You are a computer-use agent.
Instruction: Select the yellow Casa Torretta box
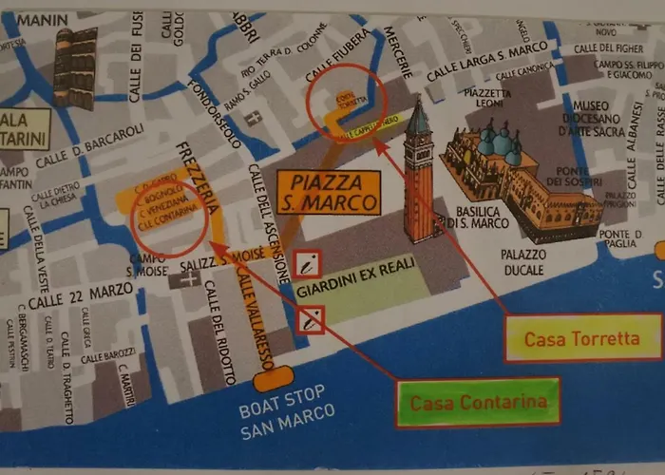click(x=582, y=339)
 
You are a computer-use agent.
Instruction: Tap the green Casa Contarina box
click(x=478, y=402)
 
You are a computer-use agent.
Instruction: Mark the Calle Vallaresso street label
click(x=248, y=318)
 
